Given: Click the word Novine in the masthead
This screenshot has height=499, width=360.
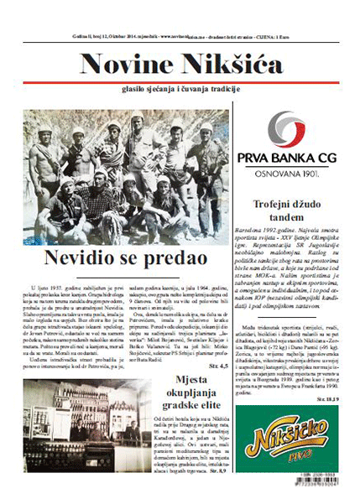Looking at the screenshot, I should (x=123, y=65).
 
